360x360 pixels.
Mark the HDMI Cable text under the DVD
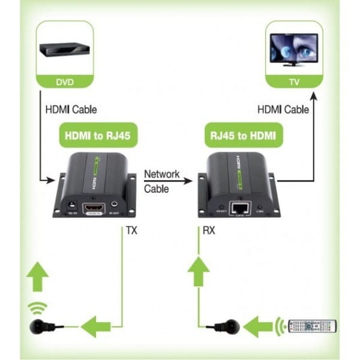coord(71,110)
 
